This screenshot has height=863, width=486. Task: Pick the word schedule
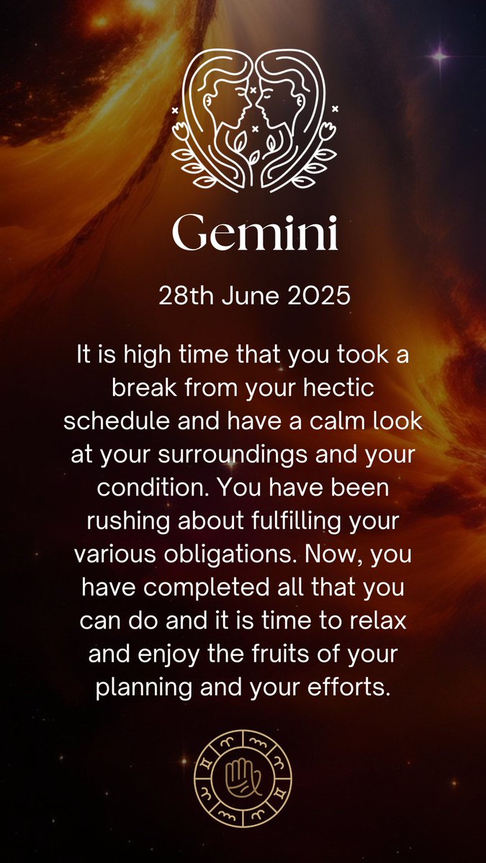coord(109,422)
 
